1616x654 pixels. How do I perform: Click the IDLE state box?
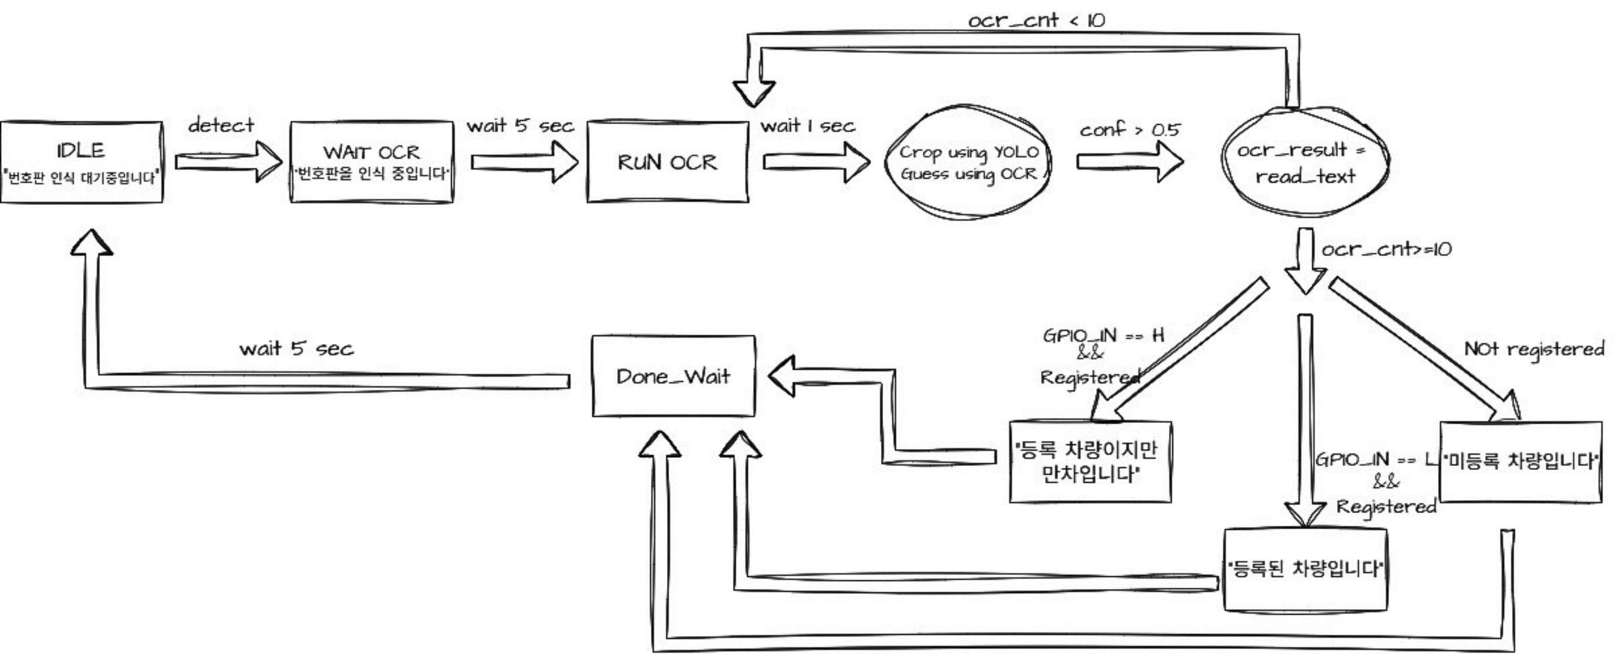point(81,162)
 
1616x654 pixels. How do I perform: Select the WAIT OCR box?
point(372,162)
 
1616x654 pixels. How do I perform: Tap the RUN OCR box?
point(668,162)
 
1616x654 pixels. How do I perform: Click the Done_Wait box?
point(673,376)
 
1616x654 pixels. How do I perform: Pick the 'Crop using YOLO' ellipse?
point(969,162)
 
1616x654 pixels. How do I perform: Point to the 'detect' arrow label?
point(221,125)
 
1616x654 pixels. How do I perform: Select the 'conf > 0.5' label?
point(1130,130)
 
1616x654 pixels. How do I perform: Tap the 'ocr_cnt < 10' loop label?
point(1036,21)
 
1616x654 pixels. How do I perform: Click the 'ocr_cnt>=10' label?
point(1387,249)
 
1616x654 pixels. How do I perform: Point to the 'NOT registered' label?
point(1534,349)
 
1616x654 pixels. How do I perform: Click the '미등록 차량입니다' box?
point(1520,462)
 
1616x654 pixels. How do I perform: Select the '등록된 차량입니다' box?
point(1305,569)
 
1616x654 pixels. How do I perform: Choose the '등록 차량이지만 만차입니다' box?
point(1090,462)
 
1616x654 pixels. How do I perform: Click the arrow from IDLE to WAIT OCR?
point(227,162)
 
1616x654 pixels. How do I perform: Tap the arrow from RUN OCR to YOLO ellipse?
point(815,162)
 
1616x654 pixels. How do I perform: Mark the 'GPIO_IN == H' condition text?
point(1103,336)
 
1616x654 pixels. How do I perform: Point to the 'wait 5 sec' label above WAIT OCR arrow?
point(520,126)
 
